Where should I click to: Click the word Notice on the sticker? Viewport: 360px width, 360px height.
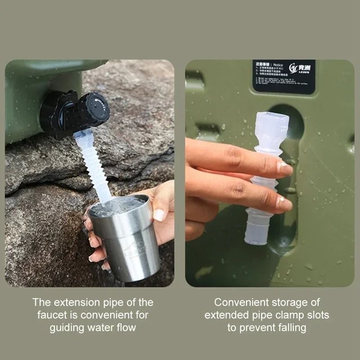click(x=279, y=64)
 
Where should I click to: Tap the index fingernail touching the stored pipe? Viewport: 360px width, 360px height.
click(x=284, y=167)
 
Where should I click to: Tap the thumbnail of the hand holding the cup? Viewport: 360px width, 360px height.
click(x=158, y=215)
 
